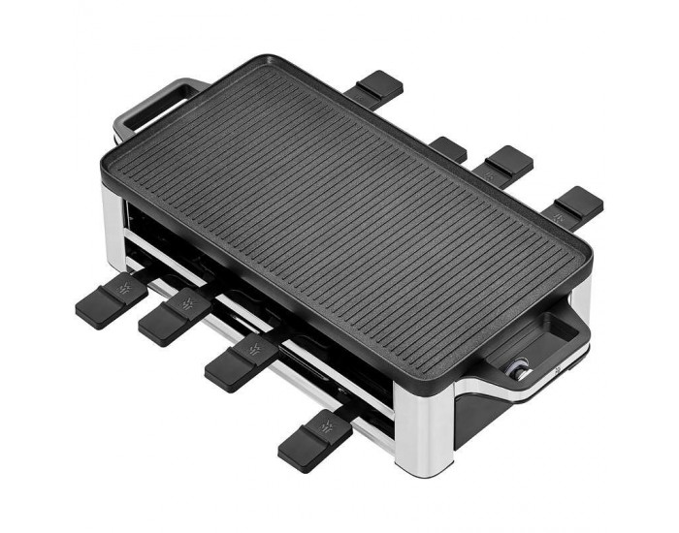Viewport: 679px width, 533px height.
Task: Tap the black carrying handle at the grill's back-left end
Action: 155,105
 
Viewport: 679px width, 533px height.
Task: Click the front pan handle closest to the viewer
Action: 314,439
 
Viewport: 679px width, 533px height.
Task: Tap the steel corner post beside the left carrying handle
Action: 115,209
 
